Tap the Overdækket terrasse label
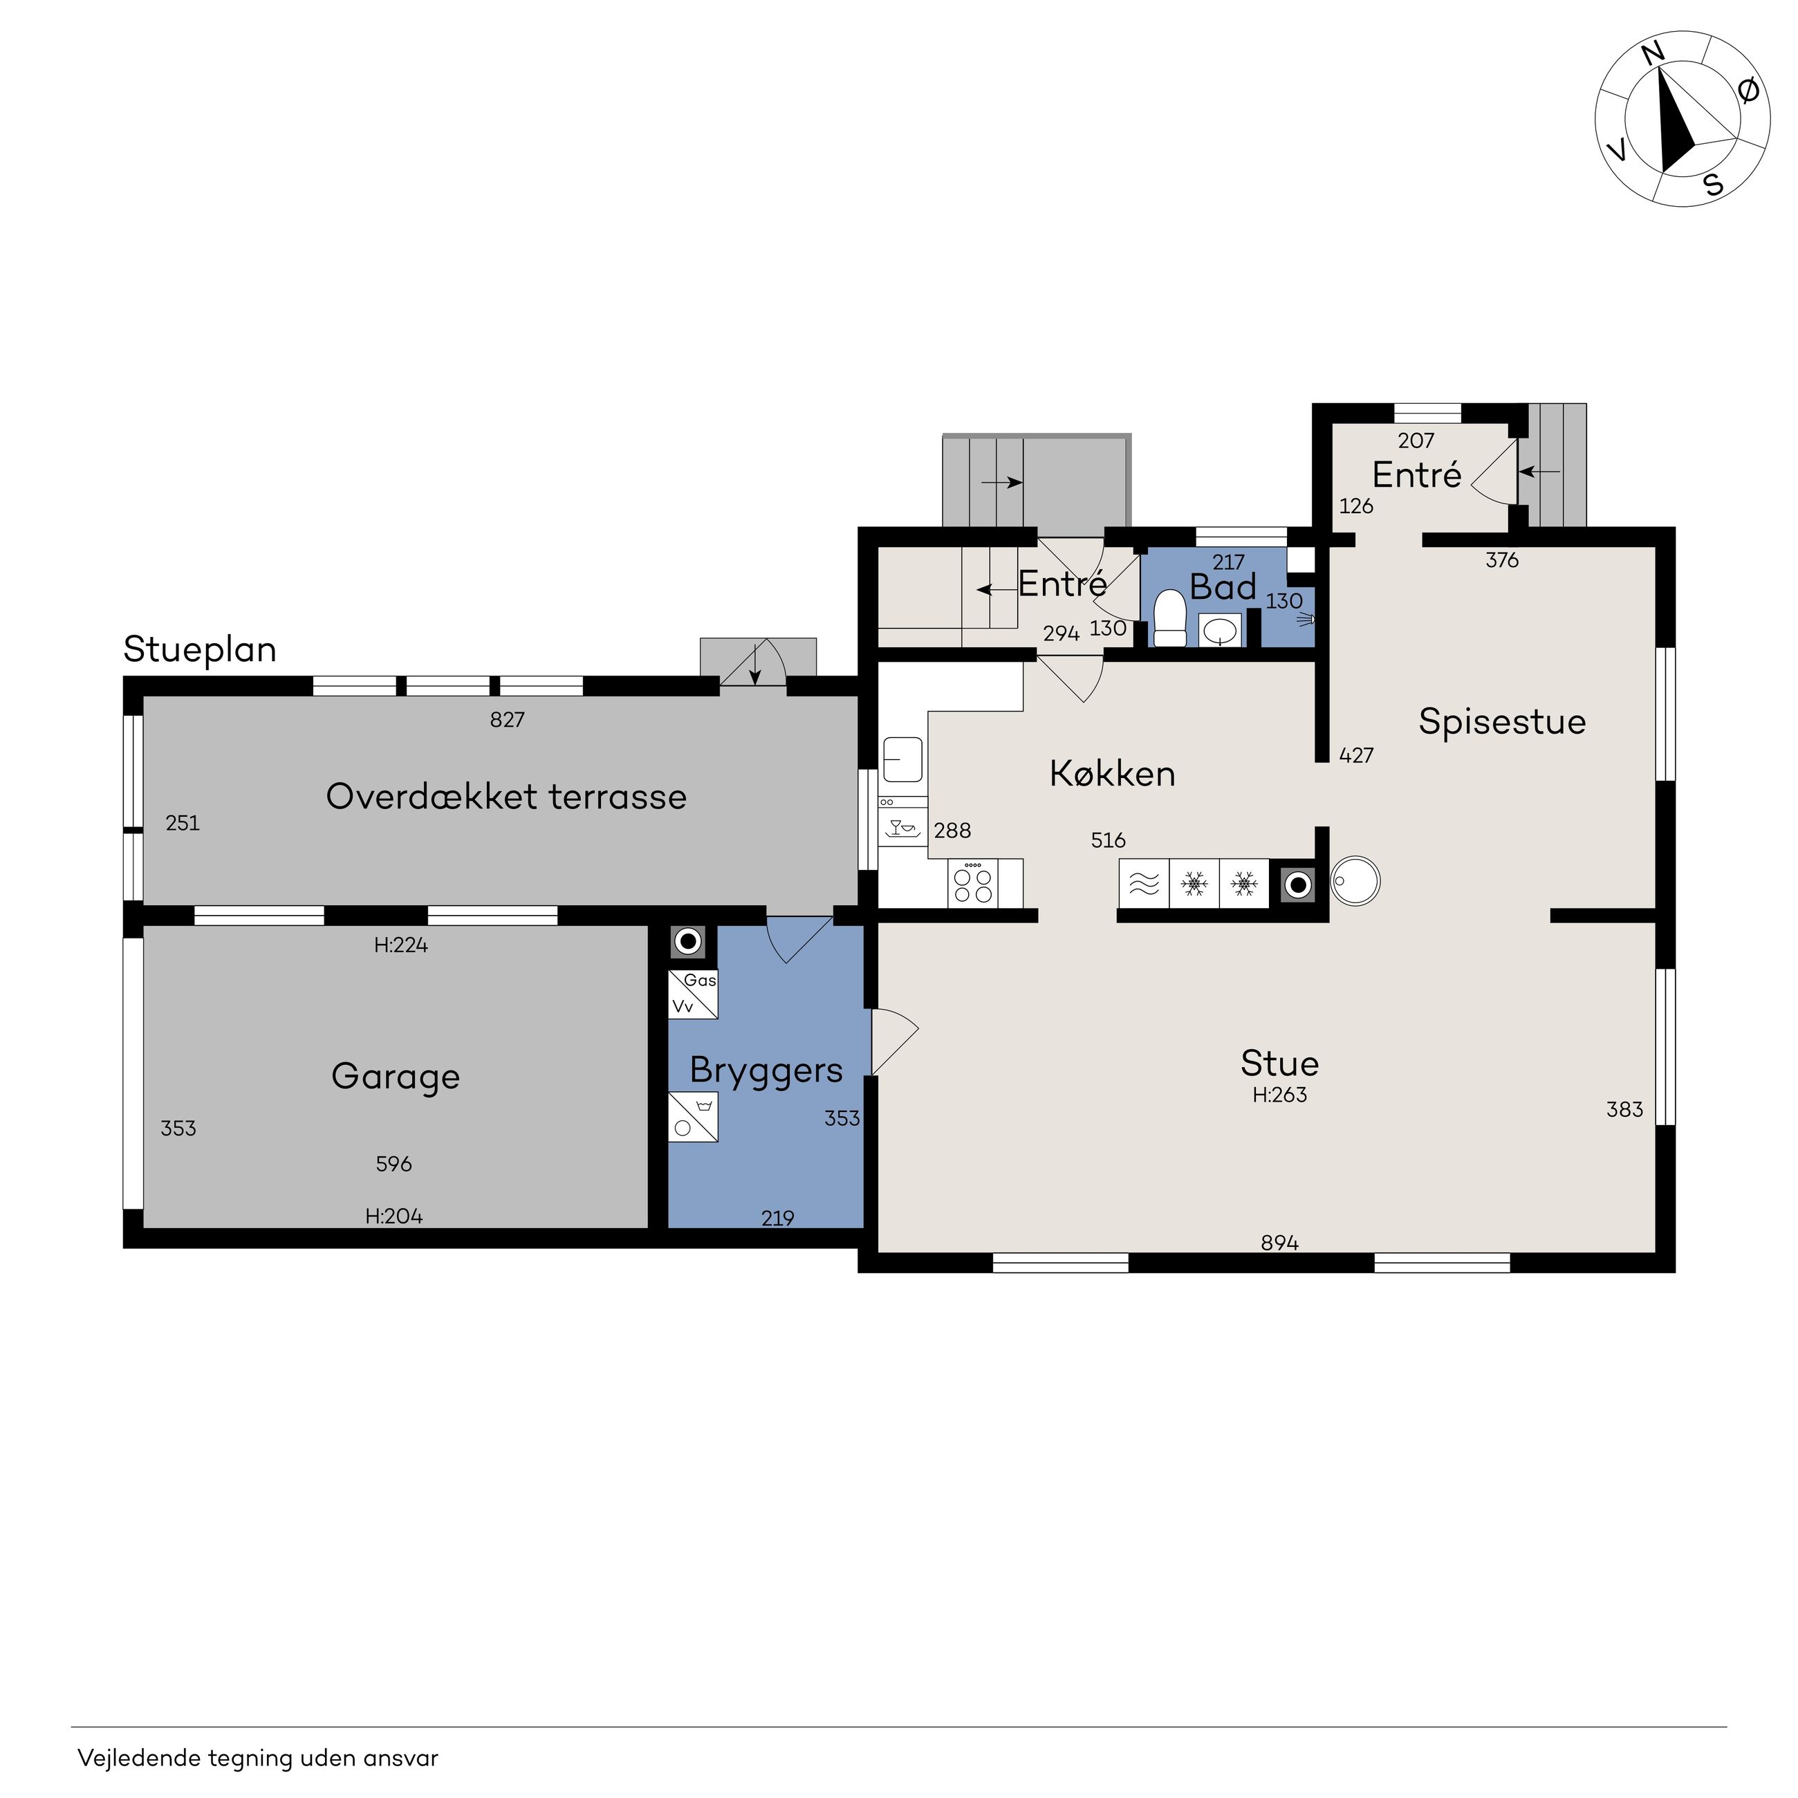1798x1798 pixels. click(506, 797)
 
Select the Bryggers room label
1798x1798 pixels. click(766, 1071)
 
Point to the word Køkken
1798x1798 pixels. click(1112, 773)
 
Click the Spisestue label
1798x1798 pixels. click(1502, 721)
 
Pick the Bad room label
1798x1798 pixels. click(1223, 587)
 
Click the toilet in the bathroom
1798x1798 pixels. click(1170, 619)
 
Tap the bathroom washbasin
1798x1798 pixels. click(1220, 631)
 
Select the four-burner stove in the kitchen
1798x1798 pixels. click(972, 882)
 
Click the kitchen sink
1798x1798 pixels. click(902, 759)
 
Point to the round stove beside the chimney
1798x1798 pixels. click(1356, 880)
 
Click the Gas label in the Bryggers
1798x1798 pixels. click(700, 980)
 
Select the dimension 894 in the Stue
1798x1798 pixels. click(1279, 1243)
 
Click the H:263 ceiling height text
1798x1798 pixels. click(1279, 1095)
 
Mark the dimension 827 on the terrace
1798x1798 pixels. click(507, 719)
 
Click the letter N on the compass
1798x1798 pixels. click(1653, 55)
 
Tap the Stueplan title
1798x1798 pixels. click(200, 649)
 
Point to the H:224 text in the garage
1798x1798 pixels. click(401, 945)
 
